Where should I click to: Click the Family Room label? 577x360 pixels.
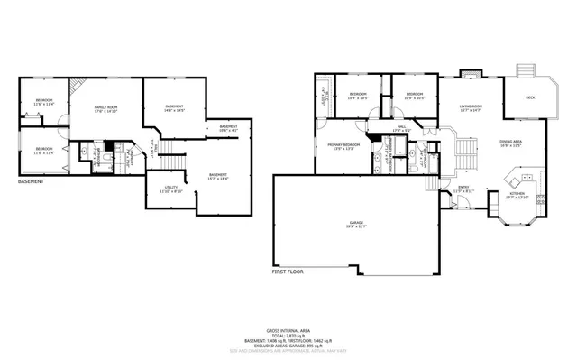[107, 109]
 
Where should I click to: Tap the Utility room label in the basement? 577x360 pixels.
[171, 190]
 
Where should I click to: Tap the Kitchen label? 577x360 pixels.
[517, 194]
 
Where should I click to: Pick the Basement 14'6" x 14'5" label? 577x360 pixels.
[175, 109]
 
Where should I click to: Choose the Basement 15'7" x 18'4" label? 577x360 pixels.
[218, 176]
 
